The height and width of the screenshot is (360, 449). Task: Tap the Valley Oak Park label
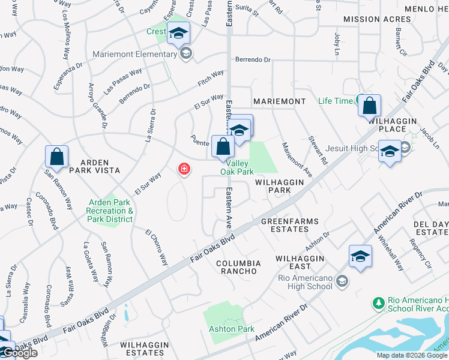237,167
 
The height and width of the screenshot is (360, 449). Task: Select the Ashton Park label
231,329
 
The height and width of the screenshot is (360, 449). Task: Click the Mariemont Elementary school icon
186,54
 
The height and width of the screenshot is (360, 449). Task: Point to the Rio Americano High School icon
342,281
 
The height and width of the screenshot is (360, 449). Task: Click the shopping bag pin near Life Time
369,106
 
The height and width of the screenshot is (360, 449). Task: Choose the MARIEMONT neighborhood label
279,101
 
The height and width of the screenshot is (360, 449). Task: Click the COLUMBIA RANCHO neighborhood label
238,267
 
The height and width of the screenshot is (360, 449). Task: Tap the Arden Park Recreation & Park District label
110,211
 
